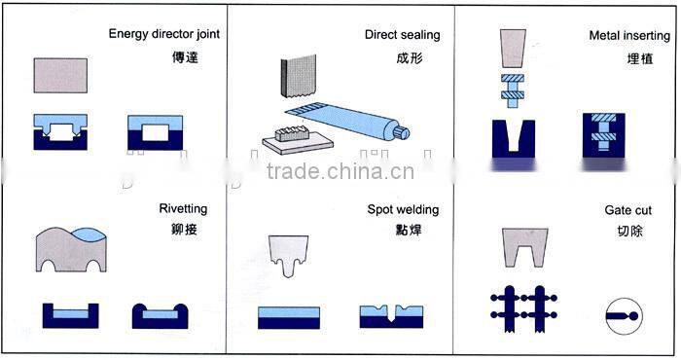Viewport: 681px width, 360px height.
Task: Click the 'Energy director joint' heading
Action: click(x=164, y=35)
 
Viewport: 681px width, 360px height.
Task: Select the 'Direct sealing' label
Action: click(x=402, y=35)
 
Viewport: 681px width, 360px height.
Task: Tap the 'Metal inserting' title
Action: click(x=629, y=35)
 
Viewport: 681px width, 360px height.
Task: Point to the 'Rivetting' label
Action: click(x=183, y=209)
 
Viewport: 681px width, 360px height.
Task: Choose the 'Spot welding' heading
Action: click(x=403, y=209)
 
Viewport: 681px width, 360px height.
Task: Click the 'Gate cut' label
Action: click(x=627, y=209)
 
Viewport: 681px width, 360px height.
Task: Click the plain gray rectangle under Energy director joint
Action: click(x=61, y=75)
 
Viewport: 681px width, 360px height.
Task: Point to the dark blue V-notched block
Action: click(x=515, y=136)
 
